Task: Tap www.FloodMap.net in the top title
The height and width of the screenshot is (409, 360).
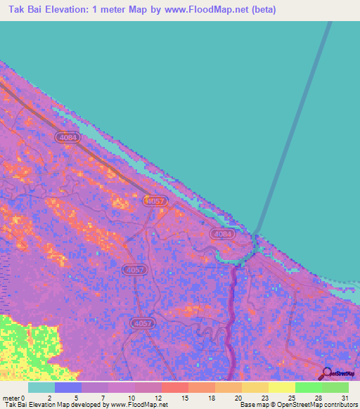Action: tap(205, 10)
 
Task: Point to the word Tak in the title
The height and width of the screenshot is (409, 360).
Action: tap(18, 10)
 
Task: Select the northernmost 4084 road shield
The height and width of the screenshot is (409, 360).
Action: tap(68, 137)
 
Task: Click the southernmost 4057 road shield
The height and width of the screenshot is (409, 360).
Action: tap(141, 323)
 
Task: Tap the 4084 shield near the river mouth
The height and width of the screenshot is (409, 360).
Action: tap(221, 233)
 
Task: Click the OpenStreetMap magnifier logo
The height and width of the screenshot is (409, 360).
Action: tap(326, 374)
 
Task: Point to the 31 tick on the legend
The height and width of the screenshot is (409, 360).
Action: tap(345, 398)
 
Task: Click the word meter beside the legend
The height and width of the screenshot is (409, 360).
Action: tap(11, 398)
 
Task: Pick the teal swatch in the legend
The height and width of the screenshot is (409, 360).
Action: tap(41, 387)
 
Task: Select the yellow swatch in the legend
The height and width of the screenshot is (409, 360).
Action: tap(281, 387)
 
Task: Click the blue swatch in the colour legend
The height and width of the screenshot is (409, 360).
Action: tap(68, 387)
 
